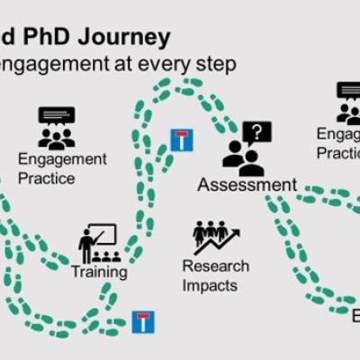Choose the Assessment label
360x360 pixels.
pyautogui.click(x=247, y=185)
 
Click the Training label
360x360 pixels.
pyautogui.click(x=99, y=271)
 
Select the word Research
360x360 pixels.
pyautogui.click(x=216, y=266)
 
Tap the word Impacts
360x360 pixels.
pyautogui.click(x=208, y=285)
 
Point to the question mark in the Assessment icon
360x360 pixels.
pyautogui.click(x=258, y=132)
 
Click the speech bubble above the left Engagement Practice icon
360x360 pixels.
pyautogui.click(x=56, y=116)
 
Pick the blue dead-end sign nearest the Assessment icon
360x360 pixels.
pyautogui.click(x=182, y=140)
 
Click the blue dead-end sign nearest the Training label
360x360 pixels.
pyautogui.click(x=143, y=321)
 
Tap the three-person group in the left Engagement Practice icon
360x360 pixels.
pyautogui.click(x=56, y=138)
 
